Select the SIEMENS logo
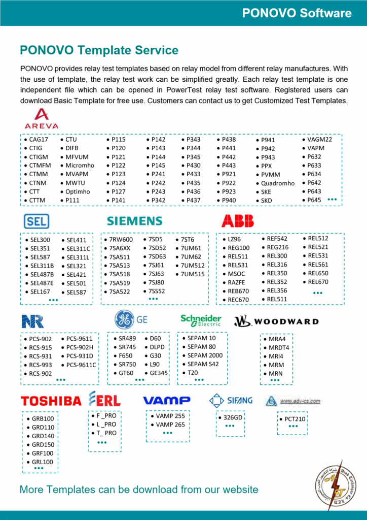pyautogui.click(x=134, y=221)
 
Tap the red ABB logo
pyautogui.click(x=237, y=221)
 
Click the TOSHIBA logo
pyautogui.click(x=51, y=401)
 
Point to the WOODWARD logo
pyautogui.click(x=276, y=321)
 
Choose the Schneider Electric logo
pyautogui.click(x=201, y=320)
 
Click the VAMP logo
pyautogui.click(x=166, y=400)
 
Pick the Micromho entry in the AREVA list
pyautogui.click(x=80, y=166)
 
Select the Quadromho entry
pyautogui.click(x=277, y=183)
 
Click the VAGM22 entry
pyautogui.click(x=319, y=139)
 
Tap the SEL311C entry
pyautogui.click(x=78, y=249)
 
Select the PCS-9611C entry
pyautogui.click(x=81, y=365)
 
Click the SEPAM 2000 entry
pyautogui.click(x=205, y=355)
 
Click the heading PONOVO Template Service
pyautogui.click(x=99, y=50)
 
